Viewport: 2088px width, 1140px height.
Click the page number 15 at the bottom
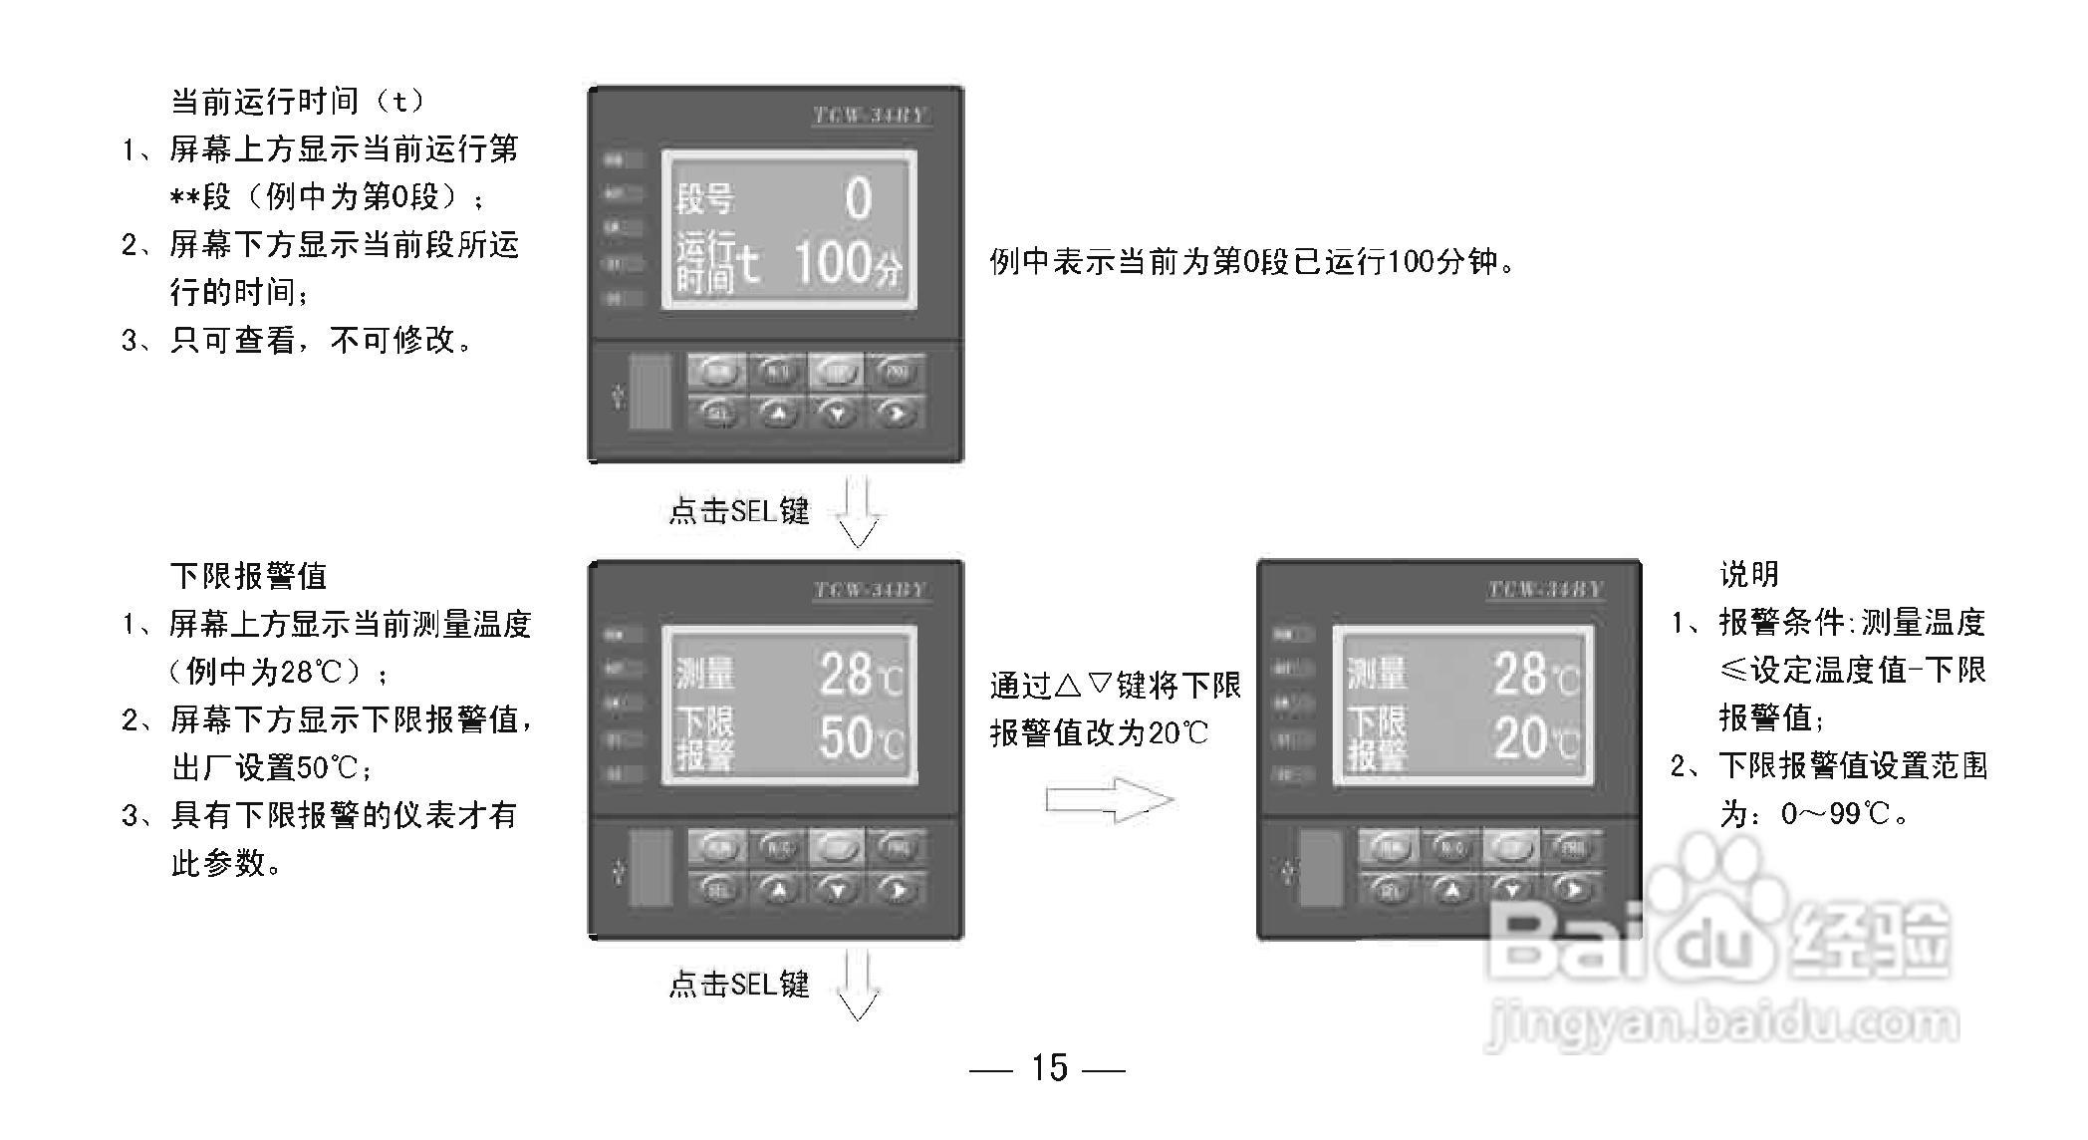tap(1049, 1067)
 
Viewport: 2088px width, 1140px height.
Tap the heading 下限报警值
tap(248, 575)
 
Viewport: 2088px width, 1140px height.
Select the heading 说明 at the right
tap(1749, 574)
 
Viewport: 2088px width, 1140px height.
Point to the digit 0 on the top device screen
tap(858, 198)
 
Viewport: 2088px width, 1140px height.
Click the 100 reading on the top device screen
tap(832, 262)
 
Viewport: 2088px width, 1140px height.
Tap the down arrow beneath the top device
tap(858, 512)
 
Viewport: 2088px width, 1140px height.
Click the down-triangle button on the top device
tap(837, 412)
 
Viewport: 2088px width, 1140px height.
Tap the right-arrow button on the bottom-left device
tap(896, 888)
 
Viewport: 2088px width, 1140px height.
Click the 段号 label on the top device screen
tap(704, 199)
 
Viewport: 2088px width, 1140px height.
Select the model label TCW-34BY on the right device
tap(1545, 589)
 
